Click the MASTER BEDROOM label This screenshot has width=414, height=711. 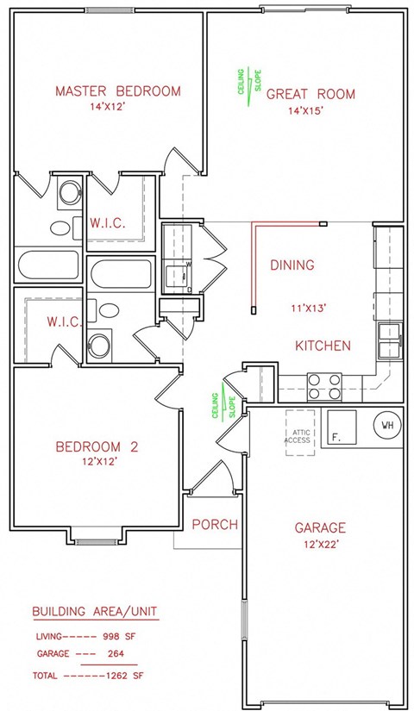pos(118,91)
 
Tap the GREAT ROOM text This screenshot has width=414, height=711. pos(310,94)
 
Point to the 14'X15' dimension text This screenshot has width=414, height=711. pos(310,111)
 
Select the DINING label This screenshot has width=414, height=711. pos(292,265)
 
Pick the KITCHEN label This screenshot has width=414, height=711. pos(323,346)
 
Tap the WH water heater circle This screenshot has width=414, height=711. pos(387,426)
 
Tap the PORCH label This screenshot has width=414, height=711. pos(214,524)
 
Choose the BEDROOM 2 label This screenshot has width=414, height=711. pos(97,446)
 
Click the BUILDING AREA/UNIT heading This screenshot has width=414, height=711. pos(95,612)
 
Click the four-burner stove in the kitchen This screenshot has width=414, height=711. pos(324,385)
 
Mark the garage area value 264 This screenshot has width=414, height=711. pos(115,653)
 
